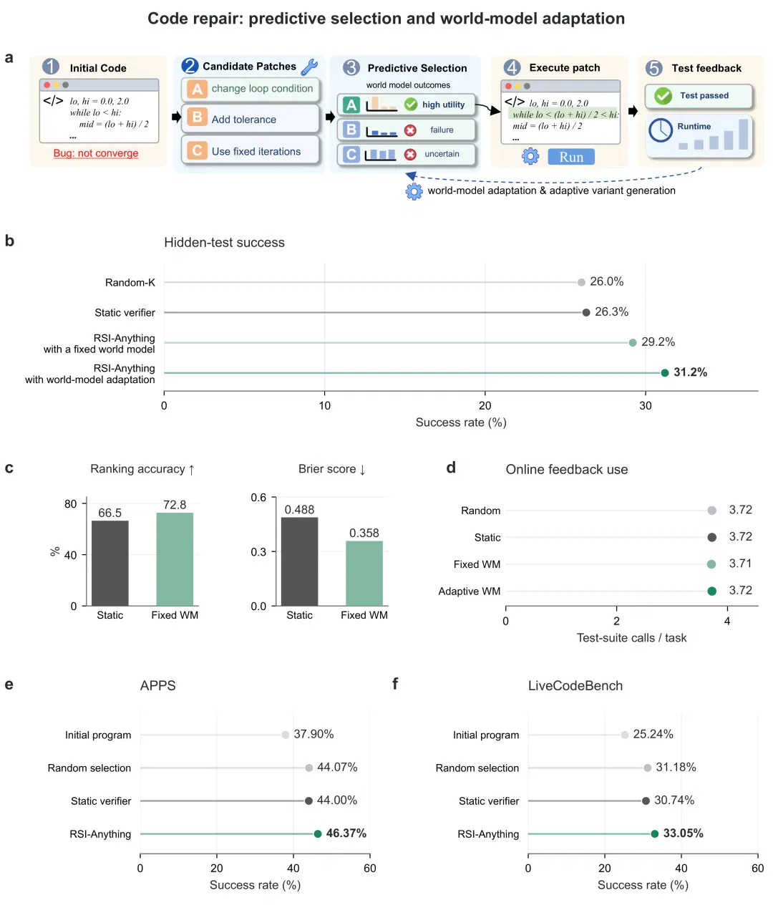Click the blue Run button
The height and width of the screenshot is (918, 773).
point(570,157)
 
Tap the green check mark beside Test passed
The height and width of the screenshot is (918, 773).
point(662,95)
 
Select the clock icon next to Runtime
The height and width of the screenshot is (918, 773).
point(660,130)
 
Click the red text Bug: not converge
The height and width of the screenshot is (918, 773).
point(95,153)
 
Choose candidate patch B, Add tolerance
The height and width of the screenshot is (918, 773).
point(250,119)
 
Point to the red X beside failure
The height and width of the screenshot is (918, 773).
point(409,130)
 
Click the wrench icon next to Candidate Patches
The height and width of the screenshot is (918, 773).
point(309,67)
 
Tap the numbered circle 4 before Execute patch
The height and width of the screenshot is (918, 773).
point(511,67)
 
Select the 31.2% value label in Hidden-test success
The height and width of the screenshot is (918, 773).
point(689,372)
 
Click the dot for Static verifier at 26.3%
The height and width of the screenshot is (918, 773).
point(585,312)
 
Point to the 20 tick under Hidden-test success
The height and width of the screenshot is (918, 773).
point(485,405)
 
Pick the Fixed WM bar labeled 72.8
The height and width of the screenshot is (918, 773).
point(175,559)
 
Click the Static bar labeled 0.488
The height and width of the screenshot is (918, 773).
point(299,561)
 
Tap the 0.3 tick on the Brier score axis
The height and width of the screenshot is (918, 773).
point(258,551)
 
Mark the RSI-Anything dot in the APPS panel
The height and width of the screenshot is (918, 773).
point(317,833)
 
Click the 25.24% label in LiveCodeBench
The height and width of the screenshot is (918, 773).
point(652,733)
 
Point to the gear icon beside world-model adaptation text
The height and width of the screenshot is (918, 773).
point(413,191)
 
